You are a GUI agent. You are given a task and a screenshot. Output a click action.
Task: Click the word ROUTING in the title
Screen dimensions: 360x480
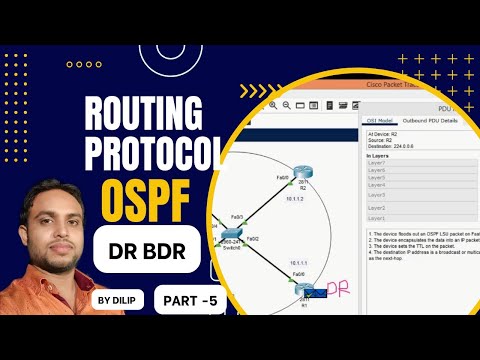[x=146, y=111]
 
